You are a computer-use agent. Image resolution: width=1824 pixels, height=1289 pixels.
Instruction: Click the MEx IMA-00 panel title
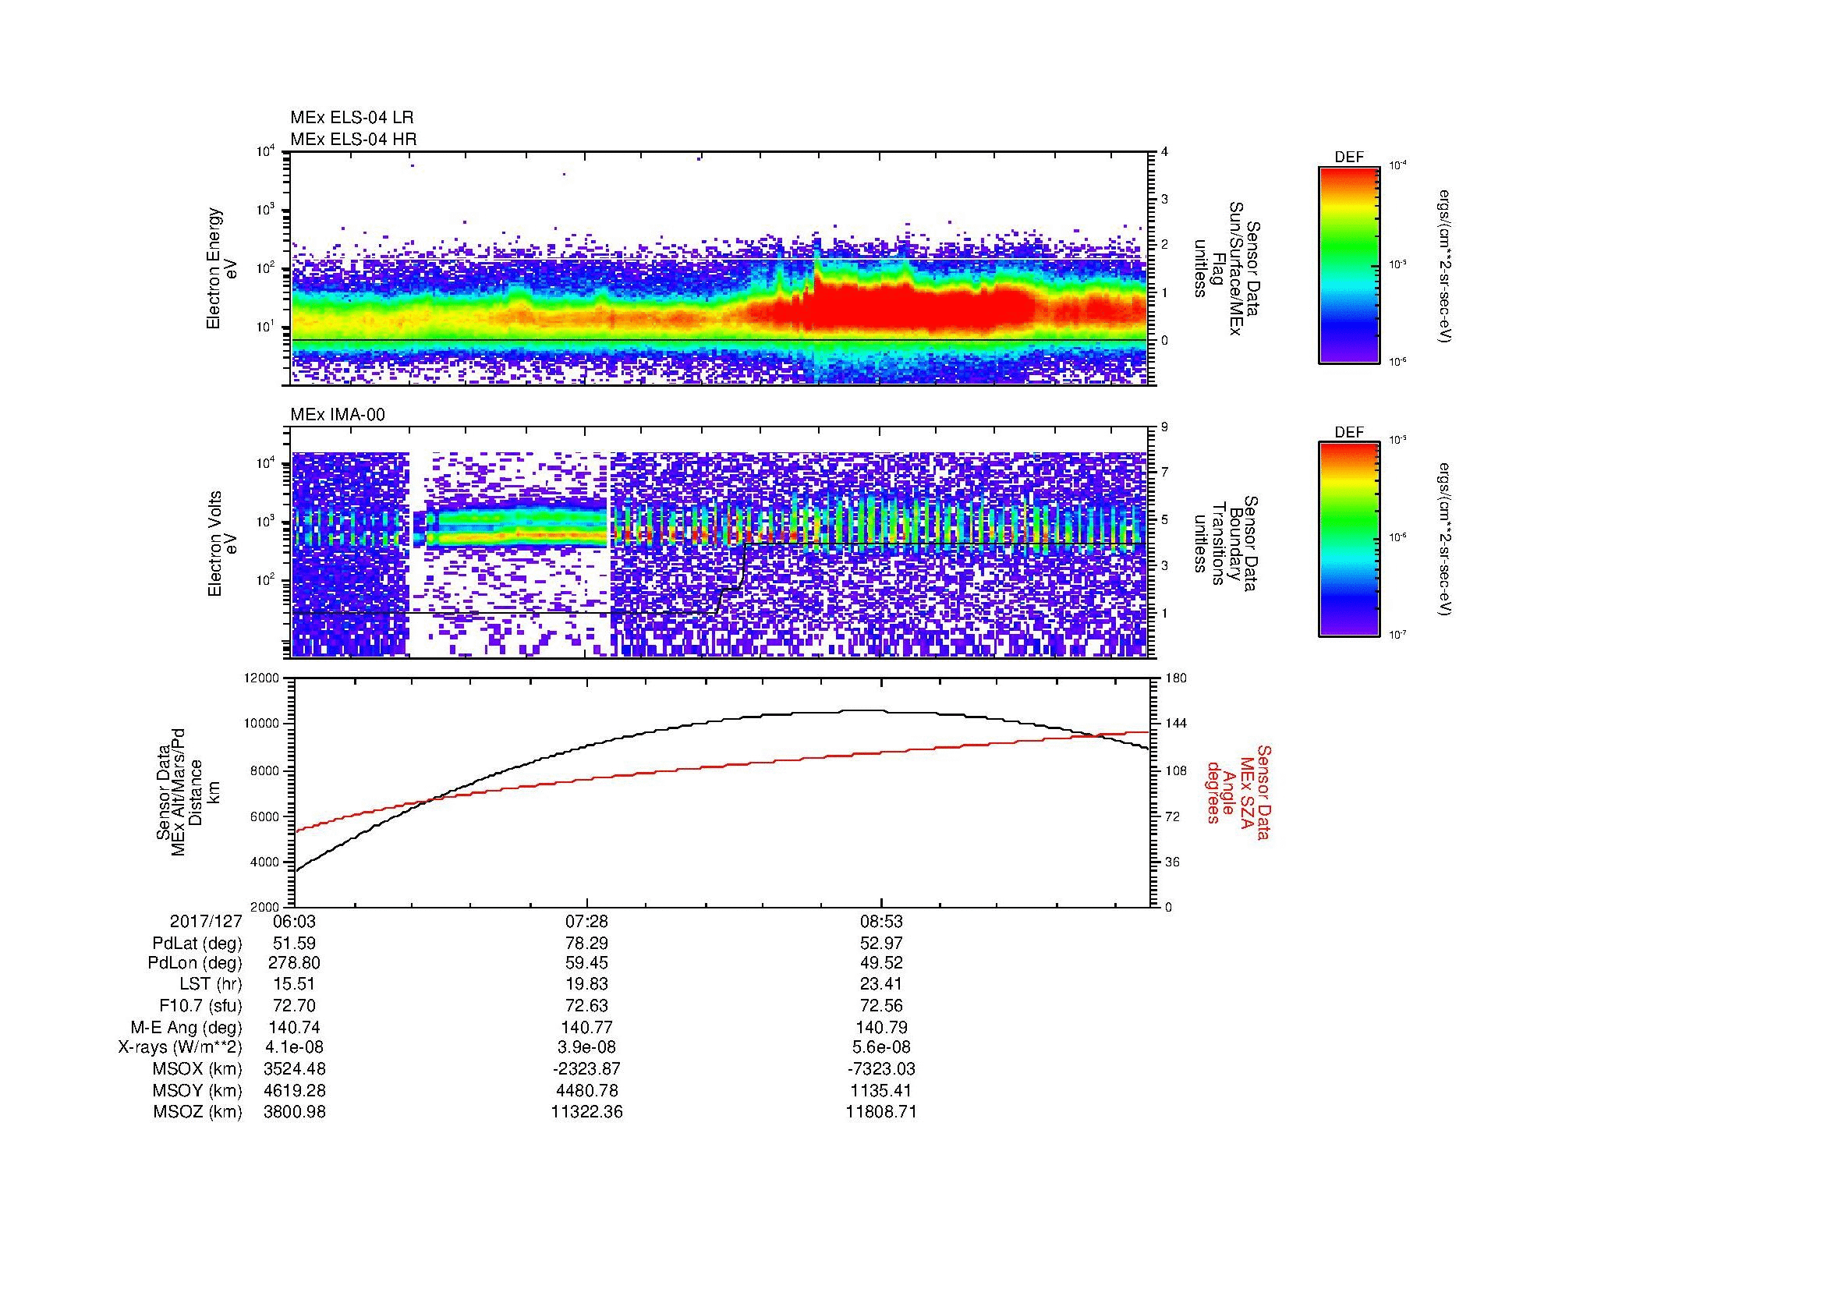point(338,415)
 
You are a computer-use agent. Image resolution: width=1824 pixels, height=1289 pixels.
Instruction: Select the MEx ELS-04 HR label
point(353,139)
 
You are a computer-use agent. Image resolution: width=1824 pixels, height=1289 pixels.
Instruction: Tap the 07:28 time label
point(586,922)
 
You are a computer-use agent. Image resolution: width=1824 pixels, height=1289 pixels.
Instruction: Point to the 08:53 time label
point(881,922)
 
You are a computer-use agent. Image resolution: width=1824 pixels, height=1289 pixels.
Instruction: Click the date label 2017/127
point(206,922)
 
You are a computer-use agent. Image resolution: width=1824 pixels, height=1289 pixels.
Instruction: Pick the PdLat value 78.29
point(586,944)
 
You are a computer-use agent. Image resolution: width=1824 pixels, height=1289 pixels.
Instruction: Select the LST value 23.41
point(881,984)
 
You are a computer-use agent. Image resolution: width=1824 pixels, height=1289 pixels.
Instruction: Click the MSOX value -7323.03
point(881,1069)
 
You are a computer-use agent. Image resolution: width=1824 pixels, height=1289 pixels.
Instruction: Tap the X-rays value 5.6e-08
point(881,1047)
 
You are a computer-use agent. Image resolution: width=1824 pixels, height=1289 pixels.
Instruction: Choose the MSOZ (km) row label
point(197,1112)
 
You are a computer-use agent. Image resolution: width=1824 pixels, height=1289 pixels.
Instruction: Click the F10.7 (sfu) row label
point(200,1005)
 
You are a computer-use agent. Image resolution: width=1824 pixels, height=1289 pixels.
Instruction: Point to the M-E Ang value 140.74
point(294,1027)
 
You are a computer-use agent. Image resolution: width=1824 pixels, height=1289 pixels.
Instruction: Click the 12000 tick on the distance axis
point(262,678)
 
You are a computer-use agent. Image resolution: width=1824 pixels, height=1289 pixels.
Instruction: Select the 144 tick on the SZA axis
point(1177,724)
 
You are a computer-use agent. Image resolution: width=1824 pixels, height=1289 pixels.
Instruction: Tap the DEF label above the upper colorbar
point(1349,158)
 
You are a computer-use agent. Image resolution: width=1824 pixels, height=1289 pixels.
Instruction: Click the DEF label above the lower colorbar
point(1349,432)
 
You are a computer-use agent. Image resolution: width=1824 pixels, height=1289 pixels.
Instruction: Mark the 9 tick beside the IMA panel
point(1164,427)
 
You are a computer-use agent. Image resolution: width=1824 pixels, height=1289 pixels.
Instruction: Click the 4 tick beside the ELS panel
point(1164,152)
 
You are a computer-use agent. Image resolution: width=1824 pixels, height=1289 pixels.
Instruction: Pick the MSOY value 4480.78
point(586,1090)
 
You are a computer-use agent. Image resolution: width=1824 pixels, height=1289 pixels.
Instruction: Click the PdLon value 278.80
point(294,962)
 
